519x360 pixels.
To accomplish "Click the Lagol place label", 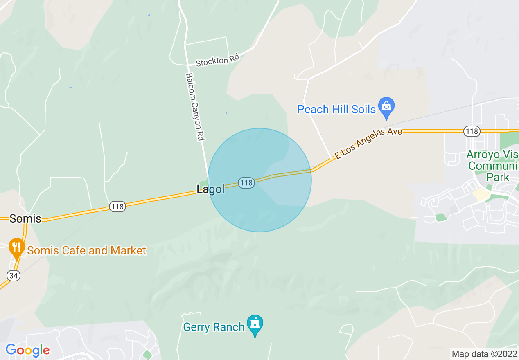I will [x=210, y=189].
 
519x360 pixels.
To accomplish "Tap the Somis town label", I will [x=25, y=218].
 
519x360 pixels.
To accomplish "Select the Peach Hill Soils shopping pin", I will [x=386, y=107].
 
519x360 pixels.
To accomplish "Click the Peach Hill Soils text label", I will [x=336, y=109].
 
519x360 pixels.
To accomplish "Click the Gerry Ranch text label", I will [x=214, y=327].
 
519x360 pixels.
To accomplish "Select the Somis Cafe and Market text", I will [x=86, y=250].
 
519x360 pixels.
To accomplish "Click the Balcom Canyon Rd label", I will [x=195, y=107].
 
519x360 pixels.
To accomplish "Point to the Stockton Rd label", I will [x=217, y=61].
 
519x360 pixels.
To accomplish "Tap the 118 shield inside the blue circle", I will [x=247, y=183].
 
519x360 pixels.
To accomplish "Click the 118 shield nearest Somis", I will [x=117, y=207].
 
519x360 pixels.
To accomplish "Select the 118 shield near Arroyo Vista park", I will [x=472, y=131].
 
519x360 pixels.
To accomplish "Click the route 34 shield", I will [x=14, y=276].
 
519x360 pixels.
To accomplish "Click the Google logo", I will [x=27, y=350].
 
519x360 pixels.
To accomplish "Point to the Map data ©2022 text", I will [x=484, y=354].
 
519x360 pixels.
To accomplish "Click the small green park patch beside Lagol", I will [x=203, y=183].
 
